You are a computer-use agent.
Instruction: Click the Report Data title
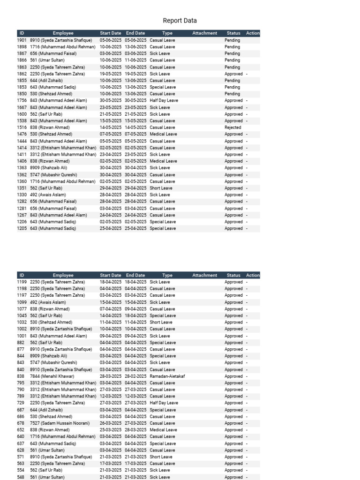pyautogui.click(x=180, y=21)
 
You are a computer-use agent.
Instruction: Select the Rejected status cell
pyautogui.click(x=232, y=127)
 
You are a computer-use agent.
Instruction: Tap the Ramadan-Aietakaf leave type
pyautogui.click(x=167, y=376)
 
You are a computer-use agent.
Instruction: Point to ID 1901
pyautogui.click(x=22, y=40)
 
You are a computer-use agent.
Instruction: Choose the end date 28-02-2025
pyautogui.click(x=135, y=376)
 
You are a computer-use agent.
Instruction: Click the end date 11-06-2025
pyautogui.click(x=135, y=60)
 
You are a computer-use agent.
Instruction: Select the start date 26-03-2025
pyautogui.click(x=111, y=423)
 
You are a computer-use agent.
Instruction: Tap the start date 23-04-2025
pyautogui.click(x=111, y=154)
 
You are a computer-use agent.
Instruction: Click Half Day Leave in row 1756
pyautogui.click(x=164, y=100)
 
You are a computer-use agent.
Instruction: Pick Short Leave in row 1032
pyautogui.click(x=161, y=322)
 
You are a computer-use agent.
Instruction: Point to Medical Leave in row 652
pyautogui.click(x=163, y=430)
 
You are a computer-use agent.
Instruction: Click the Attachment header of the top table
pyautogui.click(x=205, y=33)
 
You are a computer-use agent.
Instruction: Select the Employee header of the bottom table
pyautogui.click(x=63, y=275)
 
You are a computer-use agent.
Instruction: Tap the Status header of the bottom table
pyautogui.click(x=233, y=275)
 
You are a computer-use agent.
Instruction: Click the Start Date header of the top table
pyautogui.click(x=111, y=33)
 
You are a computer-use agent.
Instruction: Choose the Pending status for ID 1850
pyautogui.click(x=232, y=94)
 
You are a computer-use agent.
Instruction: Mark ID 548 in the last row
pyautogui.click(x=22, y=477)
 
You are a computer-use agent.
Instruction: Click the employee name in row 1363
pyautogui.click(x=48, y=168)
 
